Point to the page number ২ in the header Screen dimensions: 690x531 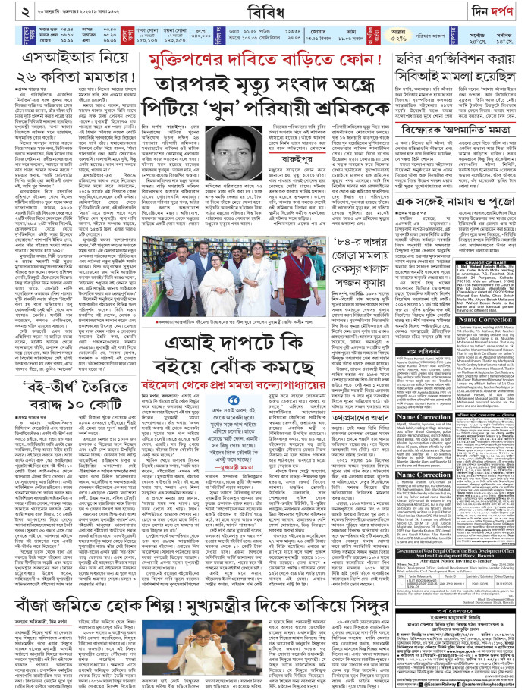pos(8,10)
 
